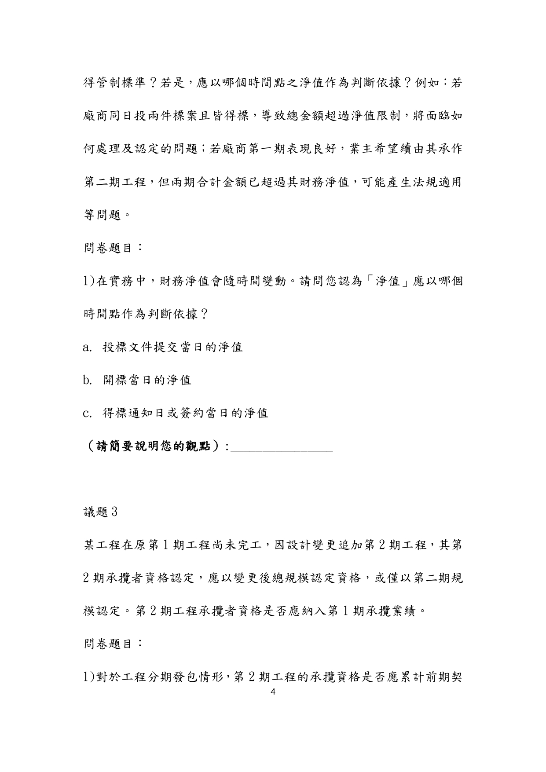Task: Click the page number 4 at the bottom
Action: (x=273, y=692)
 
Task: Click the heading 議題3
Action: (x=100, y=512)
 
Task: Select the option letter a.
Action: (x=86, y=348)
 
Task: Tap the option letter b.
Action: (x=86, y=380)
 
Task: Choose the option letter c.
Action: (x=86, y=413)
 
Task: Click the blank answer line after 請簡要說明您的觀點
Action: (x=282, y=448)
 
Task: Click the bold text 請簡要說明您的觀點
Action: (x=153, y=446)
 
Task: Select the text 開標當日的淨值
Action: (x=147, y=380)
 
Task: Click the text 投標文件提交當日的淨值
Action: (x=172, y=348)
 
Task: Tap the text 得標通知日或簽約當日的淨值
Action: (x=185, y=413)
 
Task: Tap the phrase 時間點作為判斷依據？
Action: (x=146, y=314)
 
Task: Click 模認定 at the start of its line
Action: (x=102, y=611)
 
